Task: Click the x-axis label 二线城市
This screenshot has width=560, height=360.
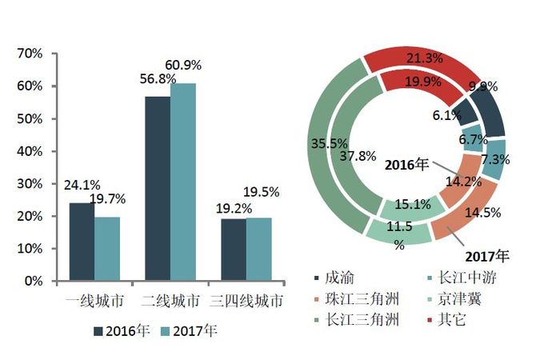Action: click(x=170, y=302)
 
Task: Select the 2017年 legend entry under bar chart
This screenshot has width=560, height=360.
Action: click(x=189, y=330)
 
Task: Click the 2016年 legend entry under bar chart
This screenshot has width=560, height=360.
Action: click(x=122, y=330)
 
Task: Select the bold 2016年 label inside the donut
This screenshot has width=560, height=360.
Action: click(x=406, y=166)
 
